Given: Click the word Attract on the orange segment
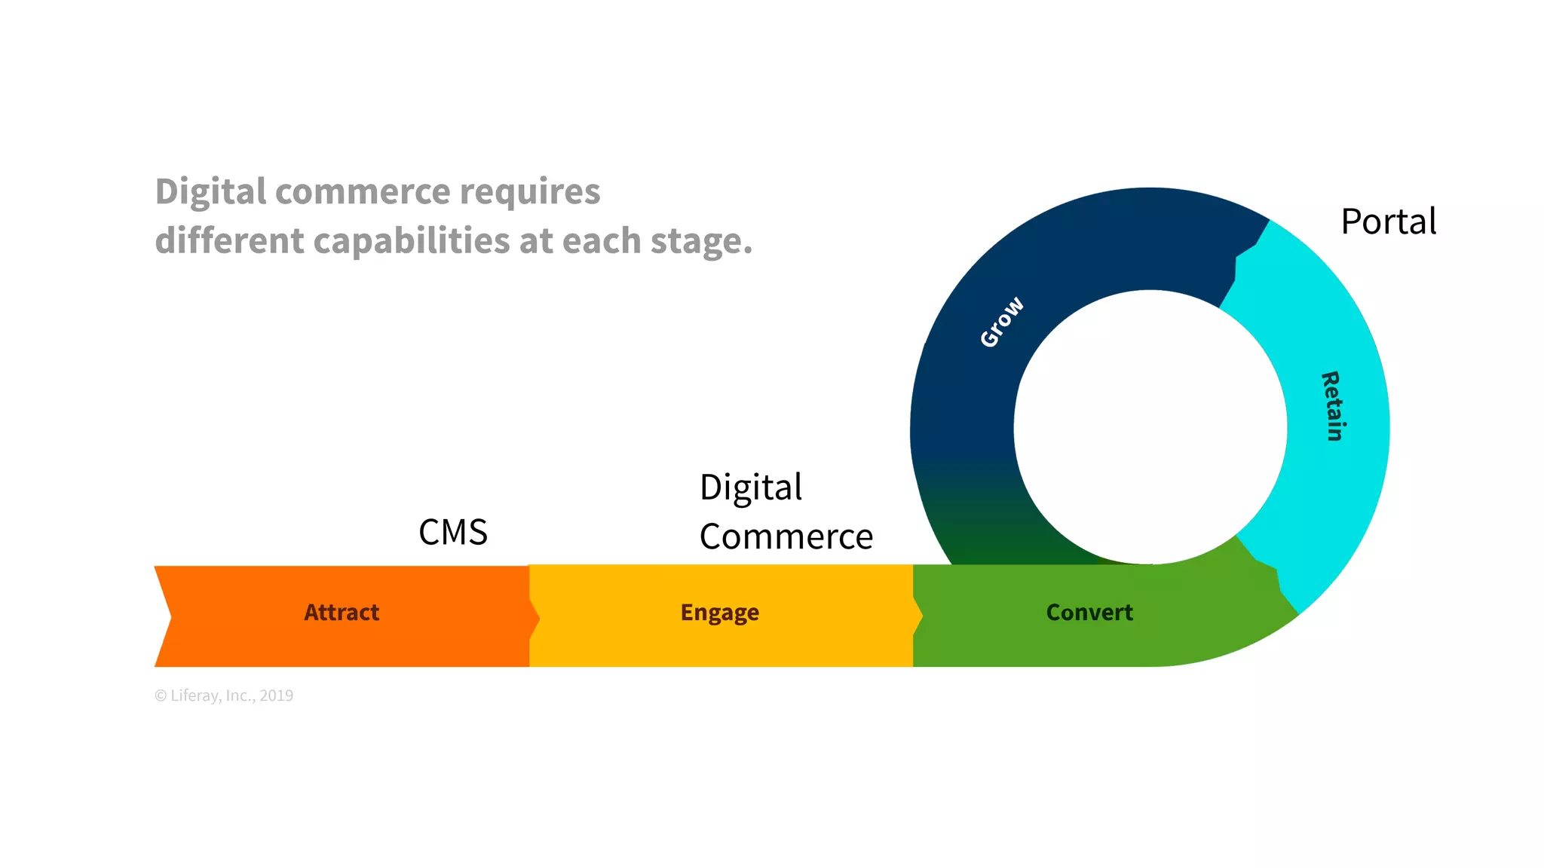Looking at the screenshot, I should coord(342,613).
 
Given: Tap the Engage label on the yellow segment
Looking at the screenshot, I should coord(719,613).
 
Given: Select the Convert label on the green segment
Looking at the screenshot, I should coord(1089,613).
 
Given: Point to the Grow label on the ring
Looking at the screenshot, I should coord(1002,322).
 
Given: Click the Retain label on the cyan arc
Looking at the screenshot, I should coord(1332,406).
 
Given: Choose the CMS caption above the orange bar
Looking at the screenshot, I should coord(453,533).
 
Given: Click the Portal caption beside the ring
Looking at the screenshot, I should coord(1389,222).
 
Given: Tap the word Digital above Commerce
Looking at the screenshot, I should coord(751,487).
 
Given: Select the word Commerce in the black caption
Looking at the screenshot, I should coord(786,537).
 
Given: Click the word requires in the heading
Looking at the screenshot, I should coord(530,192).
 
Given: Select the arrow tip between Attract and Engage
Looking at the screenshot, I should coord(536,618).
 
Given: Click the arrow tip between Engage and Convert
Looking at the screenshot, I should coord(919,616).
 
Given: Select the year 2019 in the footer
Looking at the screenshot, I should coord(276,695).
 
